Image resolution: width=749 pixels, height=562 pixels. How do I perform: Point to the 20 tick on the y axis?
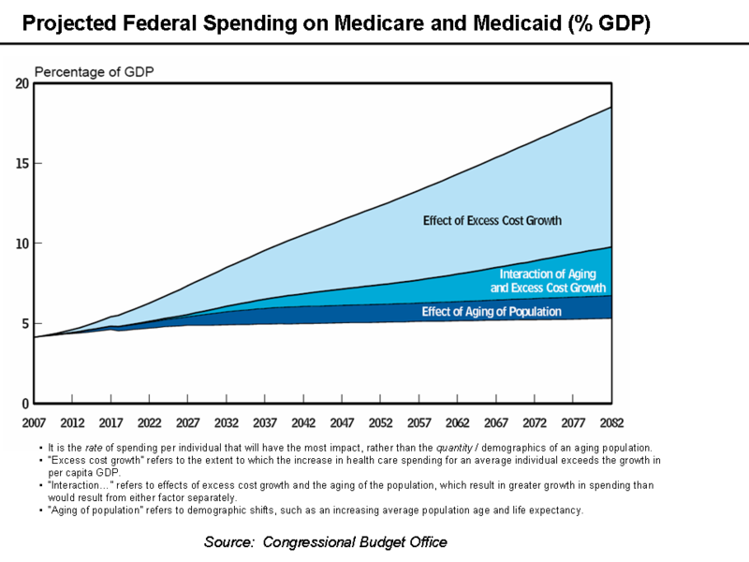pos(22,83)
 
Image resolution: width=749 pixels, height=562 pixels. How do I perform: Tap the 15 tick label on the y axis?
pos(22,164)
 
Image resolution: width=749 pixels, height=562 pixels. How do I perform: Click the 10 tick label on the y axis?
pos(22,244)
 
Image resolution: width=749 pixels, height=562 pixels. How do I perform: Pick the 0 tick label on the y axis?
pos(25,404)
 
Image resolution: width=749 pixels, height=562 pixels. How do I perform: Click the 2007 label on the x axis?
pos(34,422)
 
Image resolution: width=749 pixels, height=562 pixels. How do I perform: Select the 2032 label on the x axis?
pos(227,422)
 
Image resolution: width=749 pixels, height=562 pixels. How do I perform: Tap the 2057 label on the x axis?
pos(419,422)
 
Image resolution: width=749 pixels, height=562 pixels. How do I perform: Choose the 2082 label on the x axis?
pos(611,422)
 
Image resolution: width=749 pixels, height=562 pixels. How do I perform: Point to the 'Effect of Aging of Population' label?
pos(492,312)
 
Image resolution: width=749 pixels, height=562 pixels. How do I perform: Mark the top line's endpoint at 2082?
pos(611,108)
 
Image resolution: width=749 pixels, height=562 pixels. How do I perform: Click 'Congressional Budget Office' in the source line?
pos(355,542)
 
